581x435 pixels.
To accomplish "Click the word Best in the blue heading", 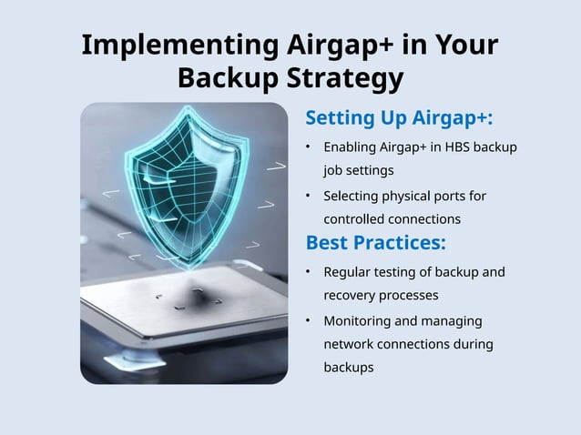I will (325, 243).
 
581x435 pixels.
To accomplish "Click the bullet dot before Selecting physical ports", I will (310, 196).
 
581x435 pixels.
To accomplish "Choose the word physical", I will (413, 196).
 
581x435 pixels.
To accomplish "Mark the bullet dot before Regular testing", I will (310, 271).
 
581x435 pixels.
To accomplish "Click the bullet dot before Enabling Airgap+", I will (310, 147).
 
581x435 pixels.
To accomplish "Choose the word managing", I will (452, 320).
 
